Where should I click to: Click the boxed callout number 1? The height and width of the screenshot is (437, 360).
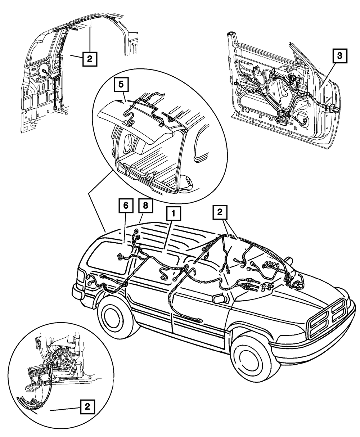[x=173, y=215]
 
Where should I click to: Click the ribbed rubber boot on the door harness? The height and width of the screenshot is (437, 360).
[x=333, y=108]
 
